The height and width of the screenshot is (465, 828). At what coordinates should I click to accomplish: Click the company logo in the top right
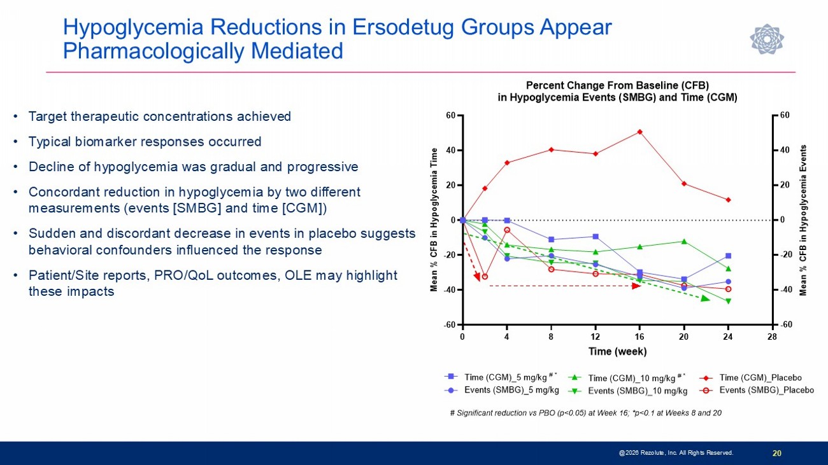766,39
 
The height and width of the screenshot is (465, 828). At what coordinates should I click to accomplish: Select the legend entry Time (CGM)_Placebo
760,377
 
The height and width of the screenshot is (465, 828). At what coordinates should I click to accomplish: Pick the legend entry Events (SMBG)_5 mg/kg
511,390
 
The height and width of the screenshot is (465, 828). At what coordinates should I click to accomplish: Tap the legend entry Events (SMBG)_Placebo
766,390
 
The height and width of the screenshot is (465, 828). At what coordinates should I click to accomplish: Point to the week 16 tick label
639,336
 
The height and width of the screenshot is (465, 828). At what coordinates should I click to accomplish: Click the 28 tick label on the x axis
773,336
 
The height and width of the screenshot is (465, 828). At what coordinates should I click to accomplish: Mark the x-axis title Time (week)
617,351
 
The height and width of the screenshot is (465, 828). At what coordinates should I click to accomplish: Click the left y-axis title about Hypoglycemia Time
434,220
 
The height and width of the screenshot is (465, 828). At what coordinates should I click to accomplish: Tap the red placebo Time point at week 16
639,132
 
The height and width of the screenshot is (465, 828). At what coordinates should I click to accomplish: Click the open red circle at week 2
485,277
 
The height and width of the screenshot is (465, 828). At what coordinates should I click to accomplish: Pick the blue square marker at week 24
728,256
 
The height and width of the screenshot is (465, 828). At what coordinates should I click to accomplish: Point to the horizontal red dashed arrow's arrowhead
636,286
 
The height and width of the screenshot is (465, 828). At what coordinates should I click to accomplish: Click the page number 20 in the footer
776,453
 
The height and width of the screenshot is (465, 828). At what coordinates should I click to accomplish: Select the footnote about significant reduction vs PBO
585,413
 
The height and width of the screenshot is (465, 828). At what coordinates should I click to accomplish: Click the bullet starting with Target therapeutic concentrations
160,116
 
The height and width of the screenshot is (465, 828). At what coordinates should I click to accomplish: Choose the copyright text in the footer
676,453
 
